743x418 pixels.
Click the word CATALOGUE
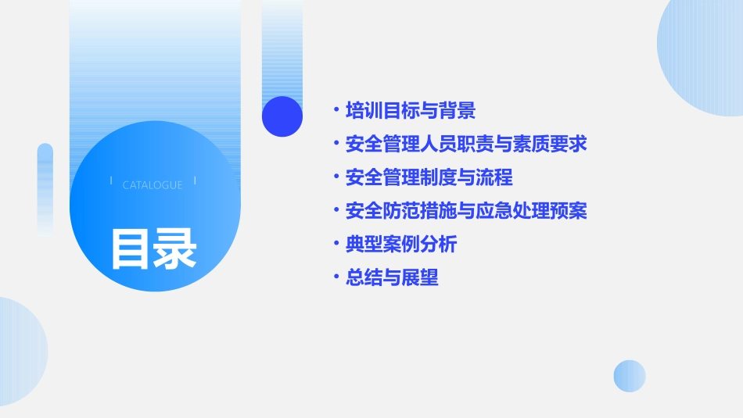pos(153,185)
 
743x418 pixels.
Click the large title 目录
pos(153,249)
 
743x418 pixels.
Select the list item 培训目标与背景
pos(411,111)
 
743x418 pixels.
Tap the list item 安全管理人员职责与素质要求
pos(466,145)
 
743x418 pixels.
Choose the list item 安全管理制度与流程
pos(429,177)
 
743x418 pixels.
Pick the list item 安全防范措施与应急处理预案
pos(466,211)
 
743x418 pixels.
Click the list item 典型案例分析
pos(401,245)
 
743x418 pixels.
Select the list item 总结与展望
pos(392,278)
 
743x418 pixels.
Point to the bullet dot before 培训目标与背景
pos(336,111)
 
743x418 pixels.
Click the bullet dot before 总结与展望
pos(336,278)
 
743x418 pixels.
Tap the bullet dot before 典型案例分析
pos(336,245)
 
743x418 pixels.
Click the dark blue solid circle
pos(282,116)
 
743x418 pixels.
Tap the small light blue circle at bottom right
pos(630,376)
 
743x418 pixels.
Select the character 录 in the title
pos(175,249)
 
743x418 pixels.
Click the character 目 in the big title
pos(131,249)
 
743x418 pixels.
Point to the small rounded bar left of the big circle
pos(45,188)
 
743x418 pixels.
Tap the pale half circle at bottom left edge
pos(20,352)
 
